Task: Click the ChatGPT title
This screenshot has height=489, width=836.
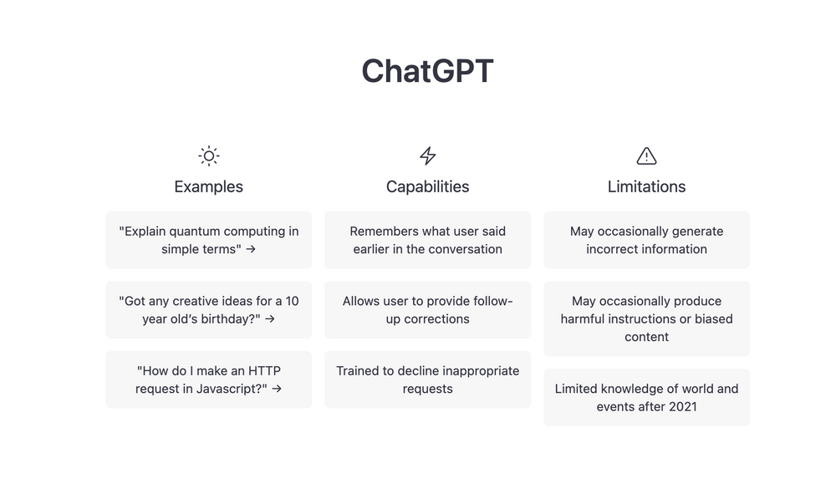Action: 427,71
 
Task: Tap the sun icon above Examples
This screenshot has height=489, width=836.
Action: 208,156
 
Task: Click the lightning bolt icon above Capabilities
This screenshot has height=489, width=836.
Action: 427,156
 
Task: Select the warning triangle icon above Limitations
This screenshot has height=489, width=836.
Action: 646,156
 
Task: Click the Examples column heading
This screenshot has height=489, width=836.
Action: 208,186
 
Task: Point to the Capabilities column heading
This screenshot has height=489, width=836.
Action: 427,186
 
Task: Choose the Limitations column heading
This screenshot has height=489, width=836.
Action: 646,186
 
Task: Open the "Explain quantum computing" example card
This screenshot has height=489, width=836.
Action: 208,240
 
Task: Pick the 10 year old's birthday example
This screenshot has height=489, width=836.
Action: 208,310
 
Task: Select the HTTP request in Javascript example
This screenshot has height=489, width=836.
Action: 208,379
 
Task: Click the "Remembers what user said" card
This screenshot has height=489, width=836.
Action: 427,240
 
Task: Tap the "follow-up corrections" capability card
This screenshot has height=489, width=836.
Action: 427,310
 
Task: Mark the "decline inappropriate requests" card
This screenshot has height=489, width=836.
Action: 427,379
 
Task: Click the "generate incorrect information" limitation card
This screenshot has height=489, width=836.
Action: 646,240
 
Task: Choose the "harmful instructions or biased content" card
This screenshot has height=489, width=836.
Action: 646,318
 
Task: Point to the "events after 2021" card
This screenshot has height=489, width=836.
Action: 646,397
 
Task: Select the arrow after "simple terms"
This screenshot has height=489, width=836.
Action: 251,249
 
